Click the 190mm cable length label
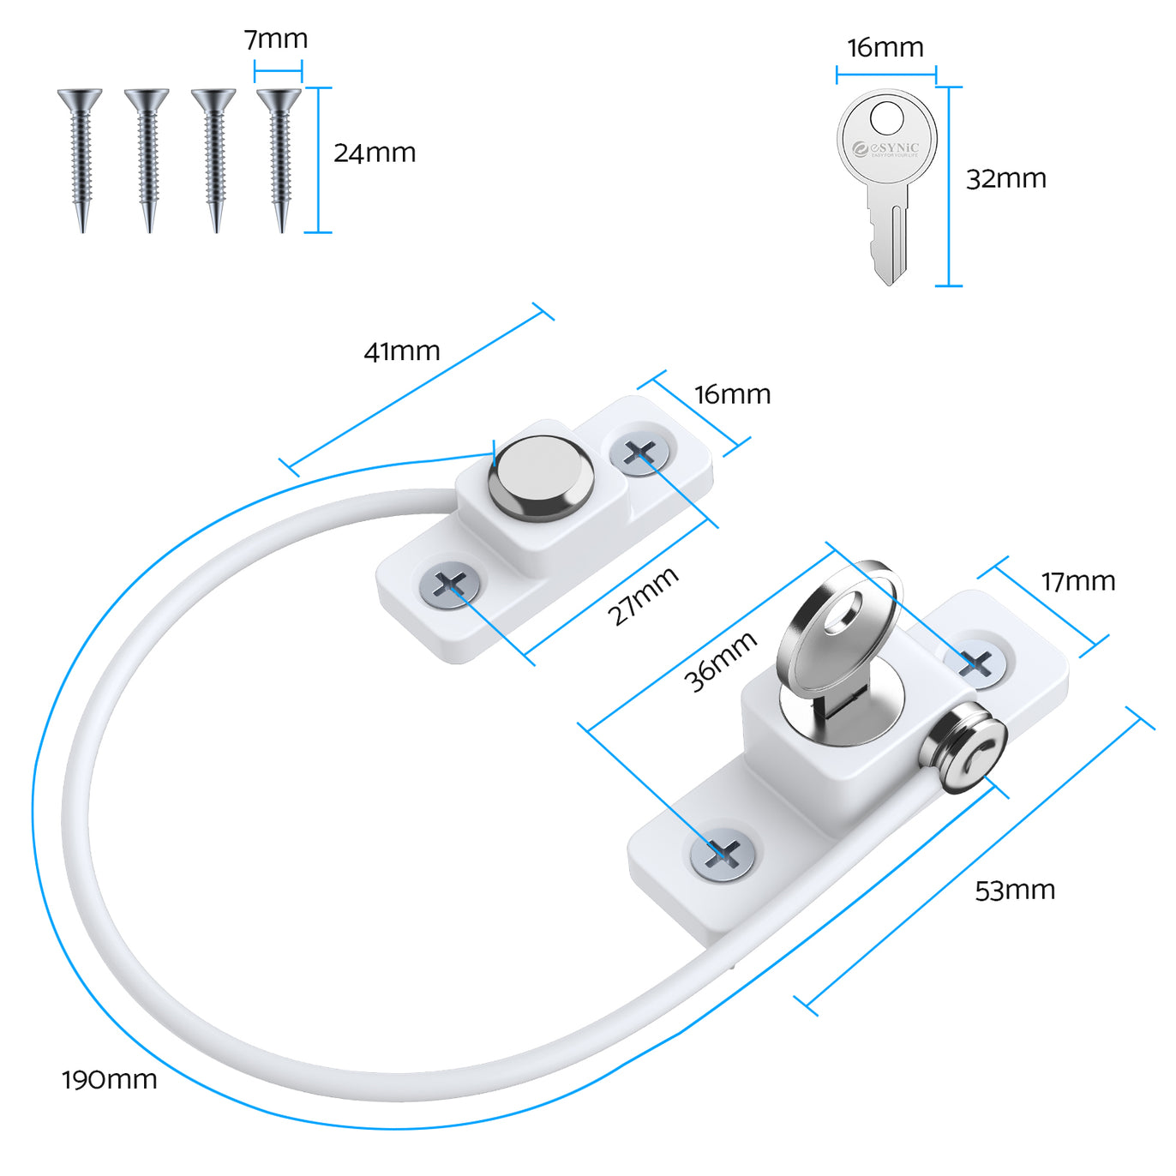(x=109, y=1079)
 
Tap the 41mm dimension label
(x=402, y=351)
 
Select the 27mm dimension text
(x=643, y=596)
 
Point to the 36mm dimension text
(x=720, y=661)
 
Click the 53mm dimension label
(x=1015, y=891)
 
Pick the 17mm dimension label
(x=1078, y=582)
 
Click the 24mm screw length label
(x=375, y=153)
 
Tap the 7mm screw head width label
(x=276, y=39)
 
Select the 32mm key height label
(x=1006, y=179)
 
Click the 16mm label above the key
(x=885, y=48)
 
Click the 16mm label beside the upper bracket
(x=733, y=394)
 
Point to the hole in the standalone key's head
(x=886, y=118)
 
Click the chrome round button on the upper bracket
(x=541, y=477)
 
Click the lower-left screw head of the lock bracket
(x=723, y=854)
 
